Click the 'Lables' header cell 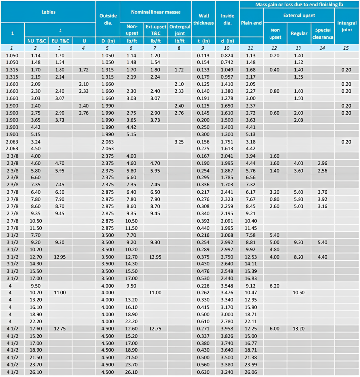coord(48,11)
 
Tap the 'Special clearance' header coord(323,33)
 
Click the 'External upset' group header coord(299,16)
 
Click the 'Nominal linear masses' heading coord(155,11)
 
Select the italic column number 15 coord(347,48)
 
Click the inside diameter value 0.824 coord(226,56)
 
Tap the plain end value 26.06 coord(251,371)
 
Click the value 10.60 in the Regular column coord(299,292)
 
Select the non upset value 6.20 coord(275,286)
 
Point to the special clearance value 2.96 coord(323,163)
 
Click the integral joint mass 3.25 coord(179,142)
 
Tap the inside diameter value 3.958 coord(226,328)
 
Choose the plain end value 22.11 coord(251,321)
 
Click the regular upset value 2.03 coord(299,120)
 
